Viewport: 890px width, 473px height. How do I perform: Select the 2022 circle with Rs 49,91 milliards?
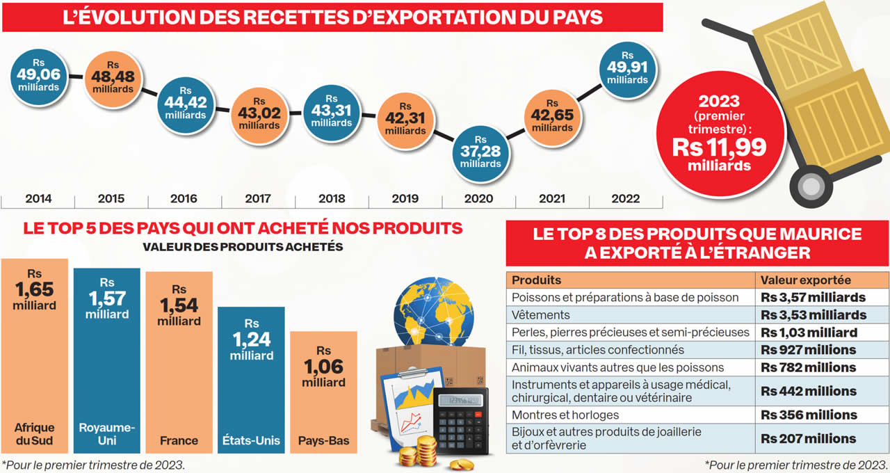point(627,69)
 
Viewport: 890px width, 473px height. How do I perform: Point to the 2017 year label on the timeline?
point(258,199)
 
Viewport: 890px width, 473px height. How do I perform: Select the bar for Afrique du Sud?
point(35,355)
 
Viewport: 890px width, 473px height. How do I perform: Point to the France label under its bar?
point(179,440)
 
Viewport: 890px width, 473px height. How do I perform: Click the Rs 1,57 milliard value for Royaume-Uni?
point(107,298)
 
